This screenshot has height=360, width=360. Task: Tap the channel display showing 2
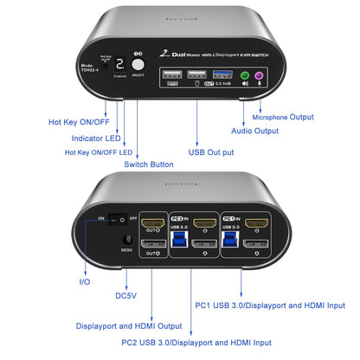click(x=120, y=64)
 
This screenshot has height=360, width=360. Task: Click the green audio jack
click(x=245, y=75)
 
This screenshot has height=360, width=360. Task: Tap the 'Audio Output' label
click(x=254, y=131)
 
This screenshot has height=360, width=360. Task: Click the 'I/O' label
click(x=83, y=282)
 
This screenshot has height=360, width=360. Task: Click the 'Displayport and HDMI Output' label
click(x=129, y=327)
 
